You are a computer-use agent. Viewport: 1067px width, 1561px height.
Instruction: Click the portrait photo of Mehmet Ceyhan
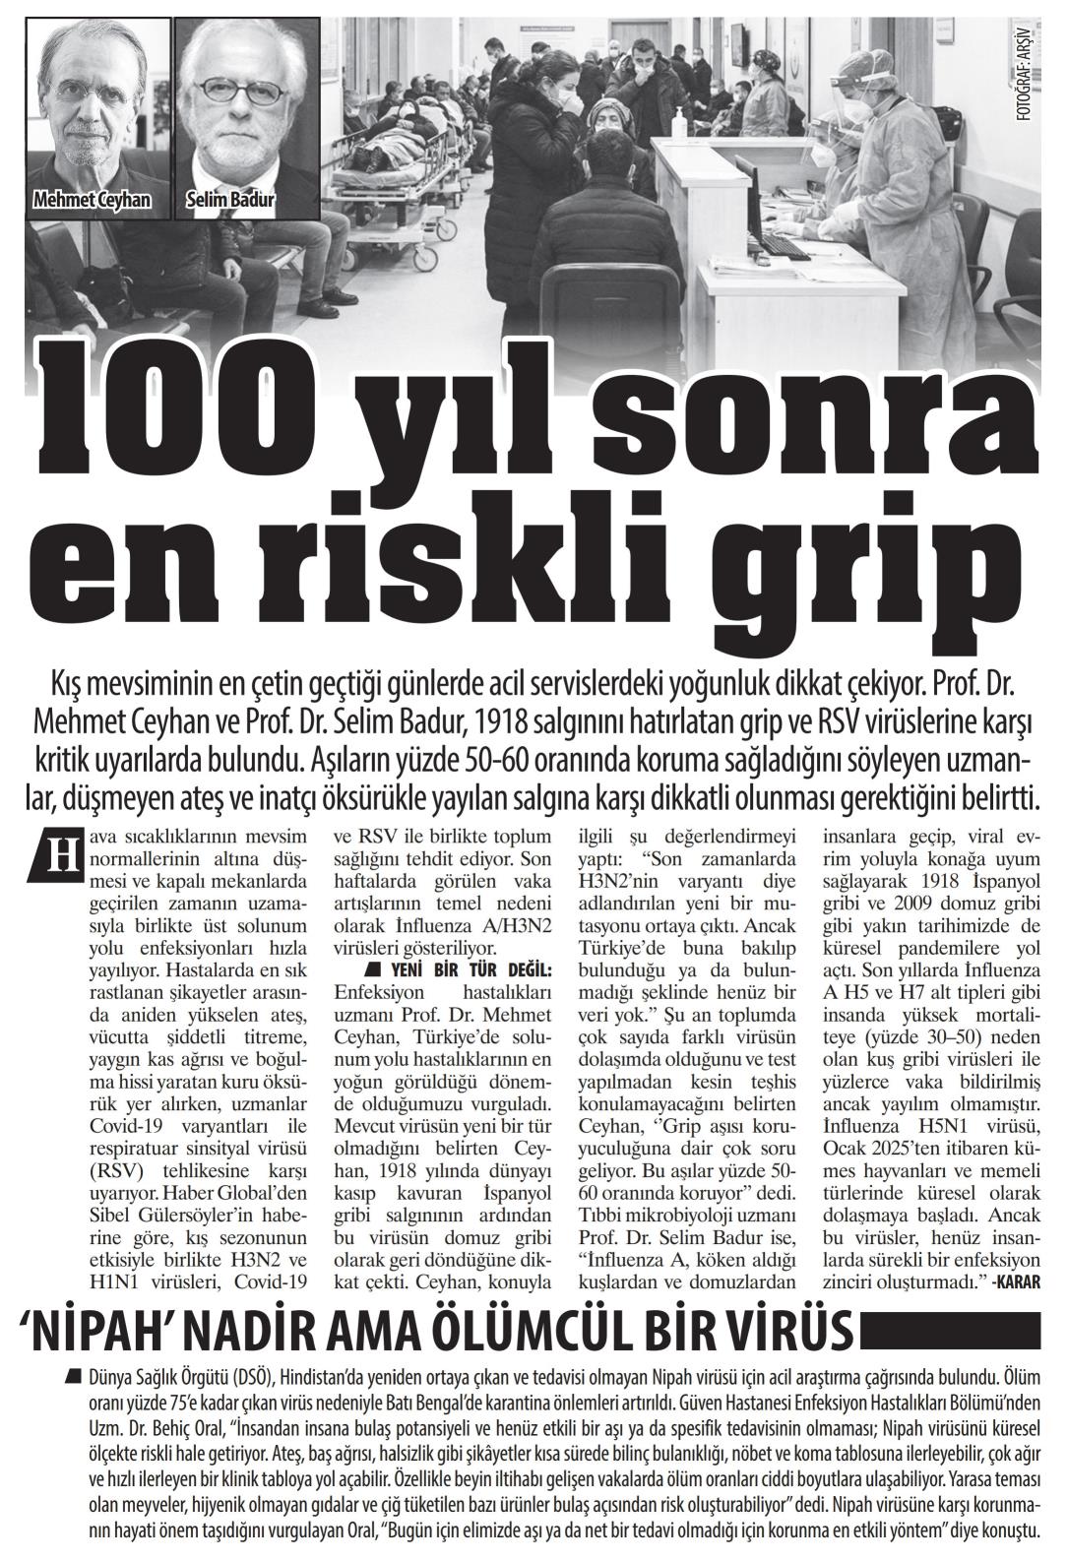coord(97,108)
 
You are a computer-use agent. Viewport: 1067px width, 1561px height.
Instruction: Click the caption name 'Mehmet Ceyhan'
coord(93,201)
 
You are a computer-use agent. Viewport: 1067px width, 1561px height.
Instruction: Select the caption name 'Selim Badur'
coord(229,201)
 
